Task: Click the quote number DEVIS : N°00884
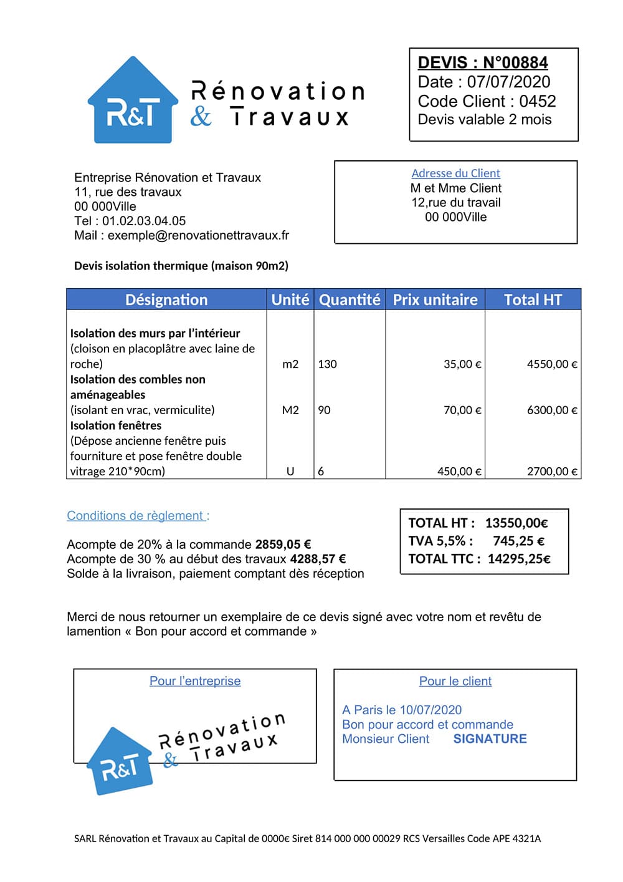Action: click(x=483, y=62)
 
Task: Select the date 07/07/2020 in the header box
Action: click(x=508, y=82)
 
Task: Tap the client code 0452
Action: click(x=537, y=101)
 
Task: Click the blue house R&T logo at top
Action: click(x=132, y=102)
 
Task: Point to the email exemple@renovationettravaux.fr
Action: click(x=198, y=235)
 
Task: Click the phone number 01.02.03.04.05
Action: click(x=144, y=221)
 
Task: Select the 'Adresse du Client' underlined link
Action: click(x=455, y=173)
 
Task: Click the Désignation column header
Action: click(x=166, y=300)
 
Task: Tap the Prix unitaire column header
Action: click(x=435, y=300)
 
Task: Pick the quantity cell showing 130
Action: click(x=327, y=364)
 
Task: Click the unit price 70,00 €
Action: click(x=462, y=410)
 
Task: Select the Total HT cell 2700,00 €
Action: click(x=552, y=472)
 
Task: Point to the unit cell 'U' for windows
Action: click(x=290, y=472)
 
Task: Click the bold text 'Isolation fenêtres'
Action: click(x=116, y=425)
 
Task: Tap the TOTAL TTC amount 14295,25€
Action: click(x=519, y=559)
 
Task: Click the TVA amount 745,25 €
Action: click(x=518, y=541)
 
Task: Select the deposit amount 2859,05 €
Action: click(x=283, y=545)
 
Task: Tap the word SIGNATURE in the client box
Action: click(x=490, y=739)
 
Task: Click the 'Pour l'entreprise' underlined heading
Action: click(x=195, y=681)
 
